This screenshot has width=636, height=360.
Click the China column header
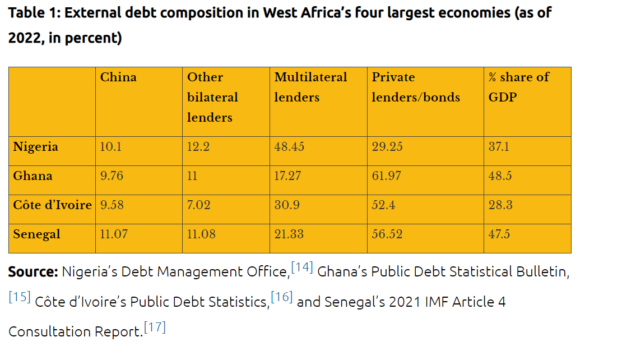118,77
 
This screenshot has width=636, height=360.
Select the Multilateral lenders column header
310,87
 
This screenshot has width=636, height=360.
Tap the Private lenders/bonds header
415,87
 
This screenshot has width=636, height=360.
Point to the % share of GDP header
518,87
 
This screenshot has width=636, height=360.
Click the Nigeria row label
36,147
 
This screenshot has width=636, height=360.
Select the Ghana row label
33,176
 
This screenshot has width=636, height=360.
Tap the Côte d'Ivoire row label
52,205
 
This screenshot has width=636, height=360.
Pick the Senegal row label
37,234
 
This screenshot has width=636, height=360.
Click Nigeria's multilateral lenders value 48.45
289,147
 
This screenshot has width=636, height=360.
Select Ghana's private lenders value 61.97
387,176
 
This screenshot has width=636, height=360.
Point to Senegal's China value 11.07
113,234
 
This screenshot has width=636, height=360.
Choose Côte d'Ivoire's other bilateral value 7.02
199,205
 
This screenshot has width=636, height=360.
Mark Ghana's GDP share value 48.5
500,176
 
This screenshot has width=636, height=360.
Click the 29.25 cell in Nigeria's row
387,147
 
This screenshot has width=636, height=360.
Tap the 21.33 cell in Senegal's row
289,234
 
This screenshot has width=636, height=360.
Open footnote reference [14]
301,267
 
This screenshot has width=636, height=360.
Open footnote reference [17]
155,327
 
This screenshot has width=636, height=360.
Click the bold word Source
33,272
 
